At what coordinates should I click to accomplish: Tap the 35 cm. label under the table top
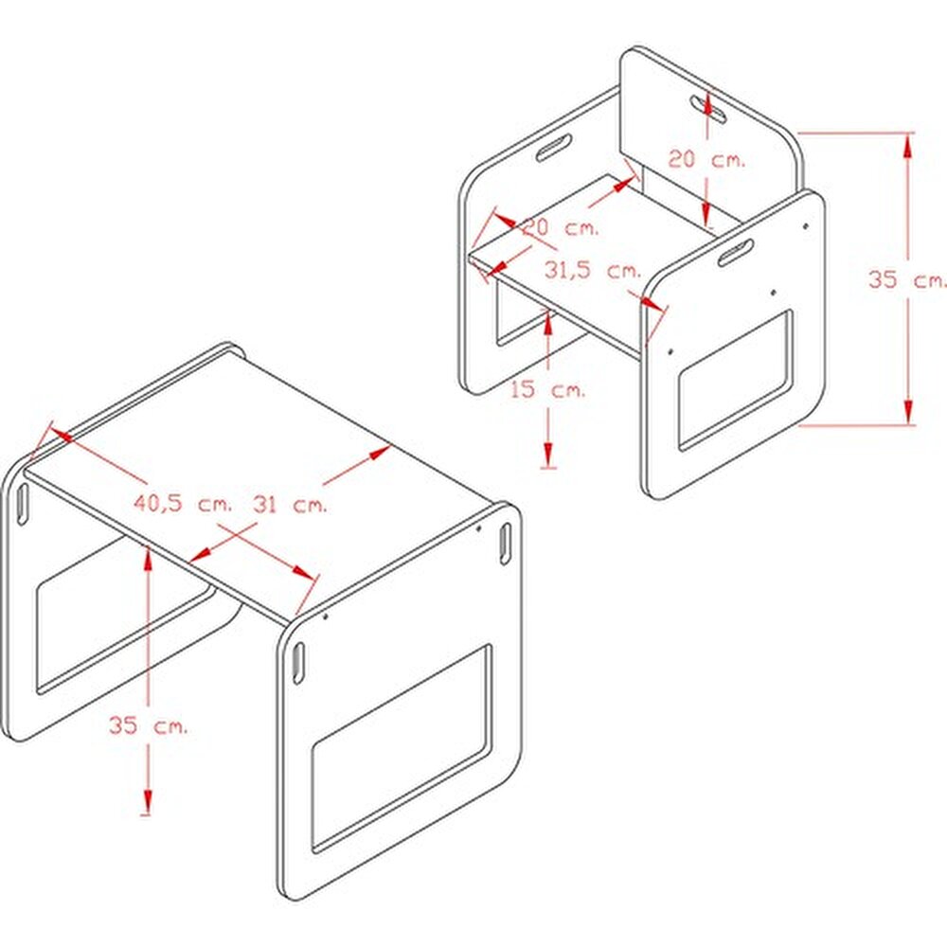[x=148, y=724]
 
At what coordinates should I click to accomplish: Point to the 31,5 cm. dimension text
[x=593, y=270]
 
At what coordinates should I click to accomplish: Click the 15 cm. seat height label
[x=548, y=389]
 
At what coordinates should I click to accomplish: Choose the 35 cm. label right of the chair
[x=906, y=279]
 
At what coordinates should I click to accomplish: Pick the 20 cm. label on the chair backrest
[x=706, y=159]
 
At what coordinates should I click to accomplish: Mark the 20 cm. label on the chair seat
[x=561, y=227]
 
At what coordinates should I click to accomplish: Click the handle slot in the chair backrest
[x=709, y=109]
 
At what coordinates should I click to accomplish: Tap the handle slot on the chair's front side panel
[x=736, y=252]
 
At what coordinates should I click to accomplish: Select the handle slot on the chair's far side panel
[x=554, y=148]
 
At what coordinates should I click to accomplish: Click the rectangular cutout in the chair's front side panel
[x=736, y=381]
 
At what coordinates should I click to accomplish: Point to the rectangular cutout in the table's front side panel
[x=401, y=748]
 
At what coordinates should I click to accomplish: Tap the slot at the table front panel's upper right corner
[x=505, y=544]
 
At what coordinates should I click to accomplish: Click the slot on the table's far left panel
[x=23, y=504]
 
